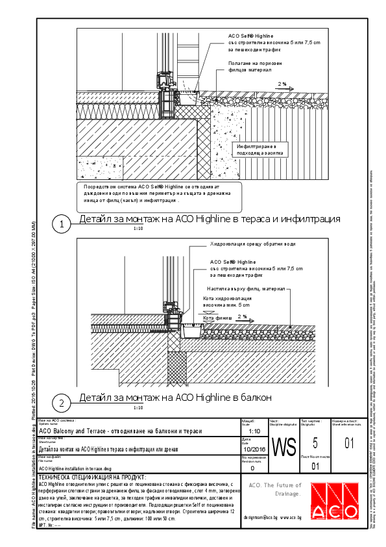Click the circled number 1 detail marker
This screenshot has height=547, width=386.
(61, 225)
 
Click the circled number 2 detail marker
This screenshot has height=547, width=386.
(61, 403)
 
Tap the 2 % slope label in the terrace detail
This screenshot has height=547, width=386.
(282, 84)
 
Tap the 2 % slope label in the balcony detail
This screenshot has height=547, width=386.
(242, 316)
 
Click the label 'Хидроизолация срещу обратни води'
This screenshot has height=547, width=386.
(252, 244)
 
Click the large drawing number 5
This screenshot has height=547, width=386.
(315, 444)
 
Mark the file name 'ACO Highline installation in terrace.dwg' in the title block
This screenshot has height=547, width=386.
(75, 468)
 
